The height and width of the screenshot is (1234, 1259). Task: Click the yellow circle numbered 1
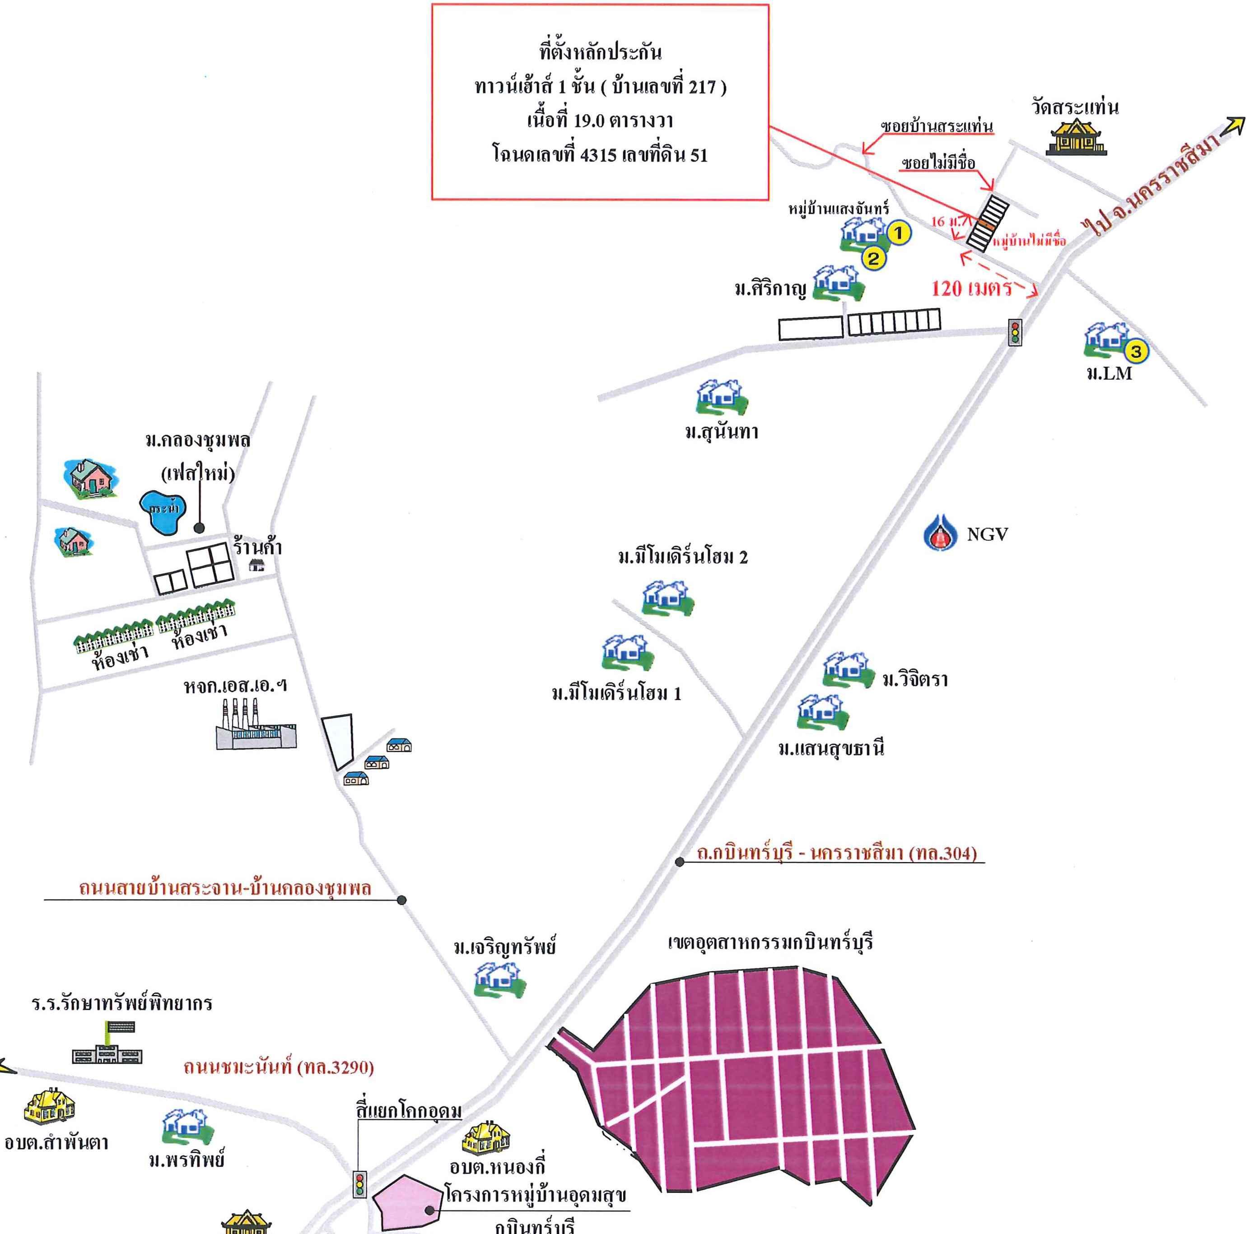click(899, 232)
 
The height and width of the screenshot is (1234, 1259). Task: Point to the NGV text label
click(988, 534)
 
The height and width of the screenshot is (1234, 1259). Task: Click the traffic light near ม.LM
click(1015, 332)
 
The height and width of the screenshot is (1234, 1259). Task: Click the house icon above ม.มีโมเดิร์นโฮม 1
click(626, 651)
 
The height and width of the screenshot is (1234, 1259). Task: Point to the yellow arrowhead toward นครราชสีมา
click(1234, 125)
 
